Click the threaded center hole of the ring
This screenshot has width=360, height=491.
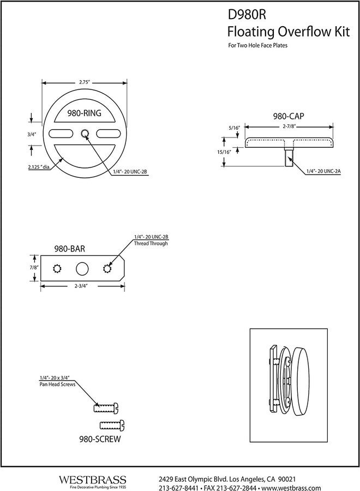pos(85,134)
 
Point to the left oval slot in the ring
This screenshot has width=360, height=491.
pos(61,134)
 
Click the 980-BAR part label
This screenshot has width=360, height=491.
pos(69,248)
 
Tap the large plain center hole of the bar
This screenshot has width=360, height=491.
pos(82,268)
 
